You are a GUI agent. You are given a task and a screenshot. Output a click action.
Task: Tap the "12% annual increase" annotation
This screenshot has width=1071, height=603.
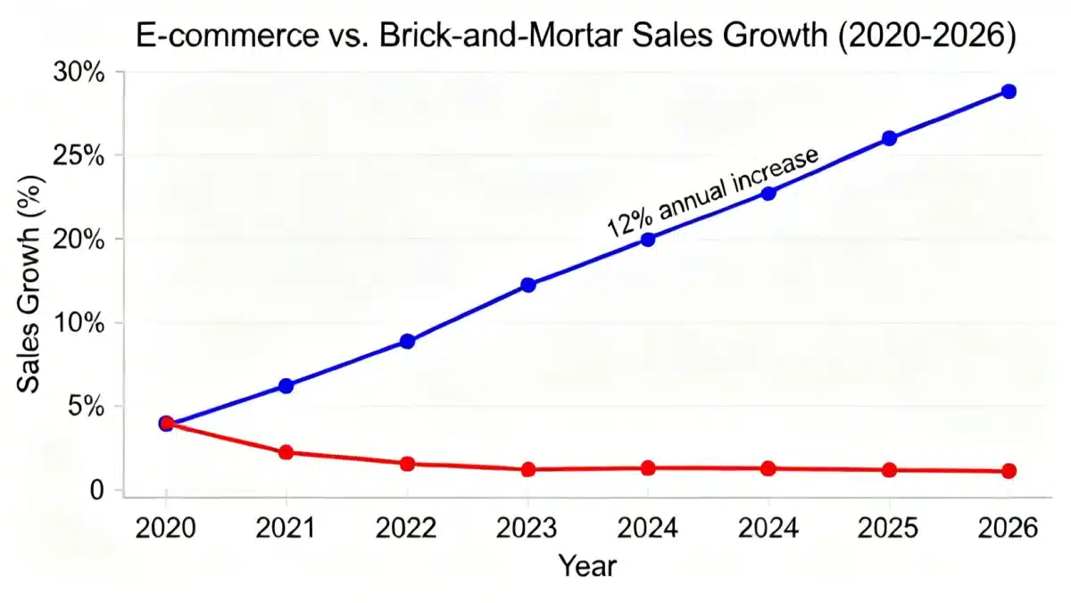[712, 191]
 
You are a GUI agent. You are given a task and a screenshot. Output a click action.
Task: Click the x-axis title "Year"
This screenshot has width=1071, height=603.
[587, 564]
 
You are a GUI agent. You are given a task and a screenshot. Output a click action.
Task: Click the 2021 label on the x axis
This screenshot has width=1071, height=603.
[286, 529]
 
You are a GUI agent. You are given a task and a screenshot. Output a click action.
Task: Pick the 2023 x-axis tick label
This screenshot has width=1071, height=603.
[527, 529]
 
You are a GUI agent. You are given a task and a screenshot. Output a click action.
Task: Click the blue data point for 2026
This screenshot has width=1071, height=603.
[1009, 91]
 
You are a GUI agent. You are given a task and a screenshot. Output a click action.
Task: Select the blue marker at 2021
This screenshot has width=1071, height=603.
[286, 385]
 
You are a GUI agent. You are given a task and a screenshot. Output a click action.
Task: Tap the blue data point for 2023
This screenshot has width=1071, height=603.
[527, 285]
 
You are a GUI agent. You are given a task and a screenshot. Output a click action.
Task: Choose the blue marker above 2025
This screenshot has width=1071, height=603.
[889, 138]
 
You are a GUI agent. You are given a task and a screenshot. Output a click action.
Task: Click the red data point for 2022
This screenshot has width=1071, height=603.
[407, 464]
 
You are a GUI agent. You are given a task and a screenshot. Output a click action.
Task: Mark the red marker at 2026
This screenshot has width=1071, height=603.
[1009, 471]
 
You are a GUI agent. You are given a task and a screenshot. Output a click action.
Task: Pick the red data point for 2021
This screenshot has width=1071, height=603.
[286, 452]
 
